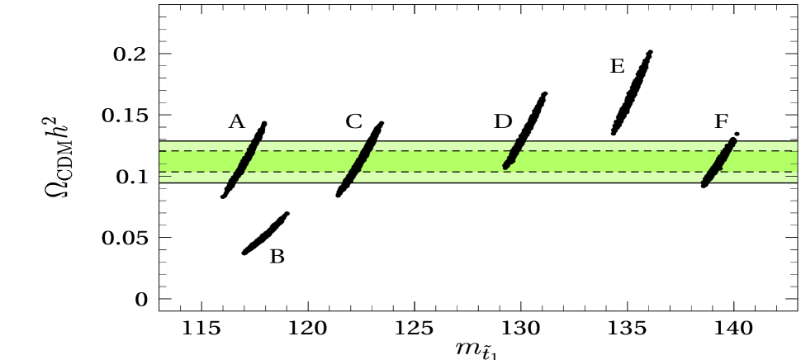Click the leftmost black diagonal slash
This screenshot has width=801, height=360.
click(x=244, y=162)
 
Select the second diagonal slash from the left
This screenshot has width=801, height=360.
click(x=359, y=162)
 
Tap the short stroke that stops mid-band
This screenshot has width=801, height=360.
click(x=514, y=154)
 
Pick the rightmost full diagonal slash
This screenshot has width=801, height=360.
click(x=719, y=162)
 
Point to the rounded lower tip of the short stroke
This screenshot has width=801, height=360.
click(x=506, y=166)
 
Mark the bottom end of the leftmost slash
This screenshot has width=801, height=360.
click(x=233, y=181)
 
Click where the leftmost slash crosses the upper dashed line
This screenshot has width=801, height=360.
click(x=249, y=151)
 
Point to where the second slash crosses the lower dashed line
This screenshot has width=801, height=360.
click(x=353, y=173)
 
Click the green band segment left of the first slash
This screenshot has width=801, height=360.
click(x=198, y=162)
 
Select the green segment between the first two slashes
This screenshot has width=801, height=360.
click(x=301, y=162)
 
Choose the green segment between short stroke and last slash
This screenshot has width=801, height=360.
click(x=611, y=162)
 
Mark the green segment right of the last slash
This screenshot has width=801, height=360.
click(x=764, y=162)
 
